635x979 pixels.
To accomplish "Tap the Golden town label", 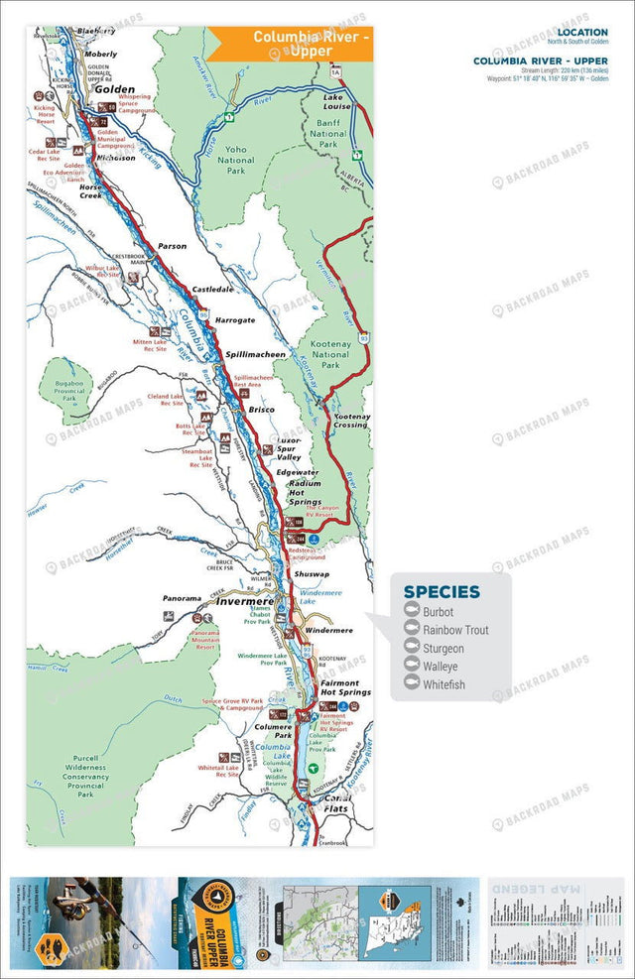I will coord(114,89).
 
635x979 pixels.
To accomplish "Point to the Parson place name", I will coord(173,246).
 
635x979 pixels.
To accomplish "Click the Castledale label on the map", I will coord(212,289).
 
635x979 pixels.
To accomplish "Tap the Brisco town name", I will coord(262,410).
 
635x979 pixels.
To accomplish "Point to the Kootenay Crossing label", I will coord(350,421).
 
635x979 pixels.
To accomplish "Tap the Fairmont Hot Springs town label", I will coord(344,686).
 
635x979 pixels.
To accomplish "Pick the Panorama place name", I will coord(183,599).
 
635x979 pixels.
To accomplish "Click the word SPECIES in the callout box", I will coord(441,592).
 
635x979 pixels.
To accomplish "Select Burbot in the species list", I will coord(438,612).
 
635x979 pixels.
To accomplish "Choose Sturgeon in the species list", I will coord(443,649).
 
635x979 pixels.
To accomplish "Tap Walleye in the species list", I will coord(441,667).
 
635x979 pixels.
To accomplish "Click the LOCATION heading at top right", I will coord(583,32).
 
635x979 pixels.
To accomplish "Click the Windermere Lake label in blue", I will coord(320,597).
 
